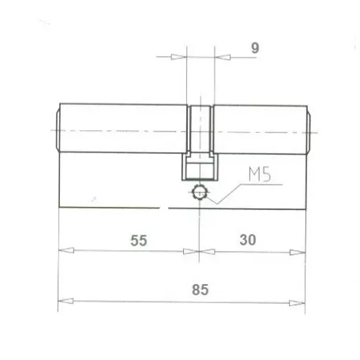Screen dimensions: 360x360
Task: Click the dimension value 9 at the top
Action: pyautogui.click(x=255, y=47)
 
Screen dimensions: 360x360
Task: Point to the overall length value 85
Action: pyautogui.click(x=200, y=290)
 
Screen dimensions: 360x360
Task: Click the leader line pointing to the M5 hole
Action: pyautogui.click(x=229, y=189)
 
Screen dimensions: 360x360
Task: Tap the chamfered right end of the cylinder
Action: pyautogui.click(x=308, y=129)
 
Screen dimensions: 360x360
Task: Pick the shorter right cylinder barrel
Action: pyautogui.click(x=257, y=129)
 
